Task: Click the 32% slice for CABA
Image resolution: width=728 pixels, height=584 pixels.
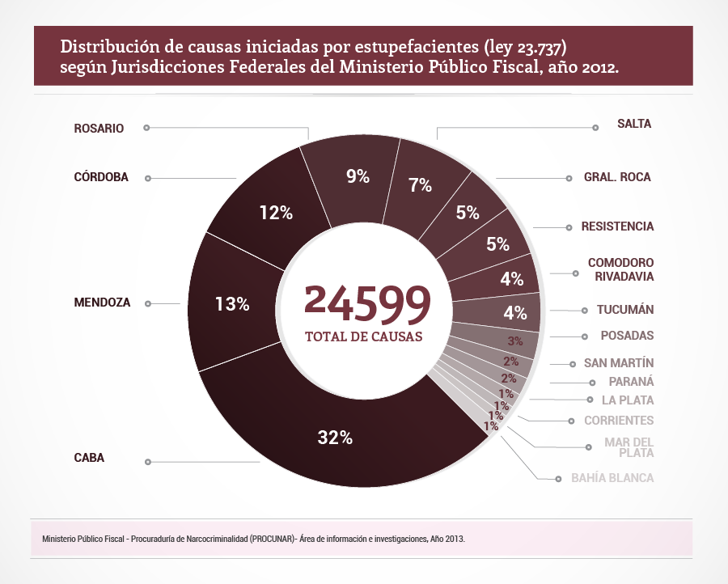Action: pos(335,438)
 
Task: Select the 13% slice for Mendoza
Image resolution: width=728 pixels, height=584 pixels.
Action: pos(232,304)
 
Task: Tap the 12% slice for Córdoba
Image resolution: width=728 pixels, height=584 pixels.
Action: pos(276,213)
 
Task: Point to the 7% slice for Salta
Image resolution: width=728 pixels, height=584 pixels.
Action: pos(420,184)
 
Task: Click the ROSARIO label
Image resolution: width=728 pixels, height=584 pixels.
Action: pos(99,128)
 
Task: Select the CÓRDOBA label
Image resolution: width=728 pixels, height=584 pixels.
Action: pos(101,177)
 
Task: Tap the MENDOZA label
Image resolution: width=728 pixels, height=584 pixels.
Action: pos(102,303)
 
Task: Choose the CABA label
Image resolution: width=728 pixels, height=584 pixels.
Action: pos(89,458)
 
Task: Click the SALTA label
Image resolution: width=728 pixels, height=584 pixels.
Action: pos(633,124)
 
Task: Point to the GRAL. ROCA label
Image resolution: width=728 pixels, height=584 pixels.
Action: pos(617,177)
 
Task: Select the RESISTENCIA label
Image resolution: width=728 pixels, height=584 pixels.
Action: pos(617,226)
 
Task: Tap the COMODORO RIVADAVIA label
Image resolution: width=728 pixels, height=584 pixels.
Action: pos(620,269)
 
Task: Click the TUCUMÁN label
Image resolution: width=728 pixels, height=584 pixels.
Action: pos(625,310)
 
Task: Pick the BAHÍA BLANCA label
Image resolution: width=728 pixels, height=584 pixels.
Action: pos(612,478)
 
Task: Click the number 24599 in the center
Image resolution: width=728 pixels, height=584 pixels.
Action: pos(366,303)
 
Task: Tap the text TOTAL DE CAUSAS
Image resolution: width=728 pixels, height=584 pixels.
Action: pos(363,336)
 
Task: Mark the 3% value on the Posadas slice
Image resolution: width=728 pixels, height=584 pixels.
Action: pos(514,341)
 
